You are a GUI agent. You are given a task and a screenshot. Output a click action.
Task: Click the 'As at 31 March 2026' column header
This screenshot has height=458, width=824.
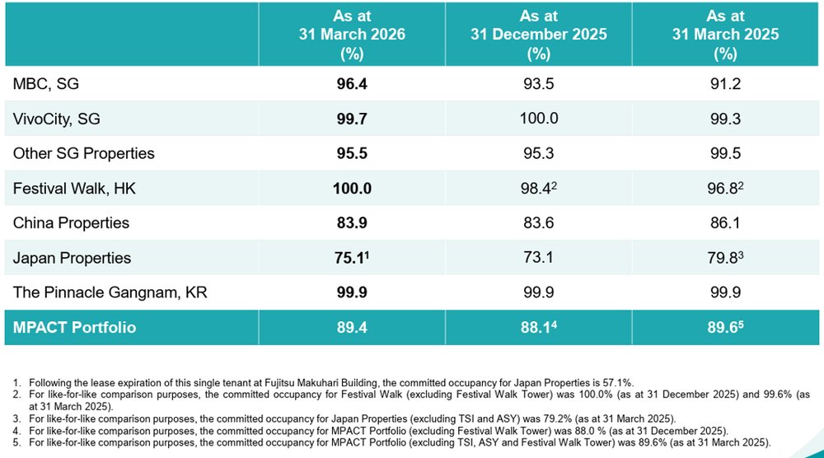coord(352,35)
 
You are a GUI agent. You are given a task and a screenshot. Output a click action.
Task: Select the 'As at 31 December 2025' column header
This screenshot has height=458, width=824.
coord(539,35)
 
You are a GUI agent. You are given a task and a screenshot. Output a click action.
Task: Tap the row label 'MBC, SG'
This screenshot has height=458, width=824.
coord(45,84)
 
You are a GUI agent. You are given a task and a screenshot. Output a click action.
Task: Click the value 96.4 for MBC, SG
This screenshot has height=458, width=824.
coord(352,84)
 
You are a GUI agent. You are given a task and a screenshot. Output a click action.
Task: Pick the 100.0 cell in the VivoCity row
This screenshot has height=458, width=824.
coord(539,119)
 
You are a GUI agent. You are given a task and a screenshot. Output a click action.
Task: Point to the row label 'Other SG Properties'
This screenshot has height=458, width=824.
coord(83,153)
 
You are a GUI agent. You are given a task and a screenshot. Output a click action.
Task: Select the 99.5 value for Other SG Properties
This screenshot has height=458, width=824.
coord(725,153)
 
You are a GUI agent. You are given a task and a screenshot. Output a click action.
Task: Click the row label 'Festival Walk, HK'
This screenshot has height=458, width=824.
coord(74,189)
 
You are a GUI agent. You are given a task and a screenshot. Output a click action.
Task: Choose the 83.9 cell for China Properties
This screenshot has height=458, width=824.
coord(352,223)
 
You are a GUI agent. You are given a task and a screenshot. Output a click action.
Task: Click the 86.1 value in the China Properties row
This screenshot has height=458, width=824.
coord(725,223)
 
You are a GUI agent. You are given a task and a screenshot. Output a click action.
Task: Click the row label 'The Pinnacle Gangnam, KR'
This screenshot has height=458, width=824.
coord(110,292)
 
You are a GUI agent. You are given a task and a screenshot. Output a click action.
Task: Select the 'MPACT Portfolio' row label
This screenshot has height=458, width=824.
coord(74,328)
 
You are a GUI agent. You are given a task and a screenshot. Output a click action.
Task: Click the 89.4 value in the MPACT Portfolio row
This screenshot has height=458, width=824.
coord(352,328)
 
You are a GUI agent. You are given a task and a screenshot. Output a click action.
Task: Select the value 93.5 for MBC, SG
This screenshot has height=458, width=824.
coord(539,84)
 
